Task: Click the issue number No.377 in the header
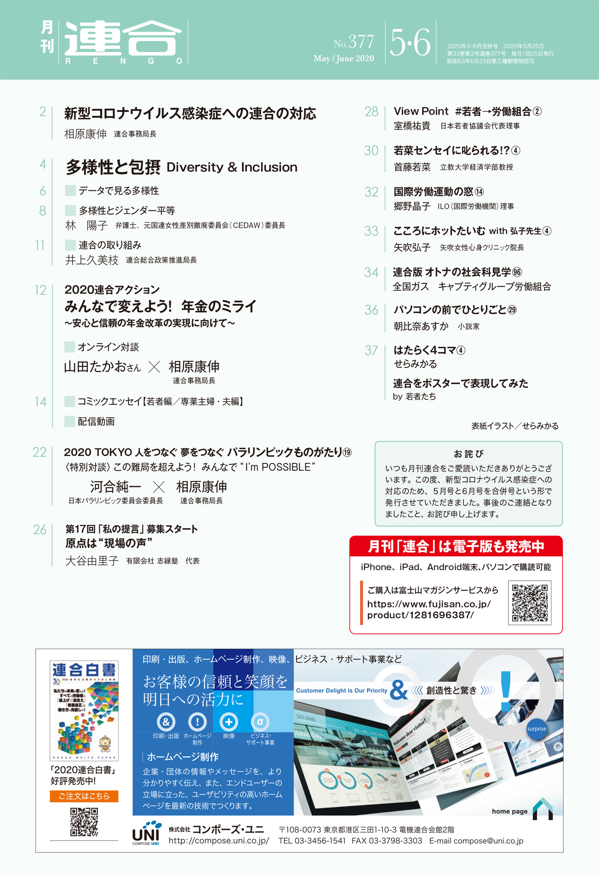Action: (x=354, y=43)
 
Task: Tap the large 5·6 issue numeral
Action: (x=410, y=43)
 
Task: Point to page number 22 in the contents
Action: (x=40, y=452)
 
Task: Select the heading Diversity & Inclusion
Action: (x=232, y=167)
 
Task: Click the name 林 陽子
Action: (x=86, y=225)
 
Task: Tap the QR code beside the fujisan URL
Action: (x=530, y=603)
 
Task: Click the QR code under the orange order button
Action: (x=84, y=822)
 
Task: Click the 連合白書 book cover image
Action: (x=84, y=710)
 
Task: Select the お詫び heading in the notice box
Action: (x=468, y=454)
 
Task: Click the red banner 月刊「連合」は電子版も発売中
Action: (x=456, y=547)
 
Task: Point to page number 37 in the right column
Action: (x=372, y=351)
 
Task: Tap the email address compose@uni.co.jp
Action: (x=488, y=841)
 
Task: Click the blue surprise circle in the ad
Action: (x=536, y=729)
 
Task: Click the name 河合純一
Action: (x=116, y=487)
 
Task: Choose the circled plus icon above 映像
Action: (x=229, y=721)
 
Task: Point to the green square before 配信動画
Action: (x=70, y=421)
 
